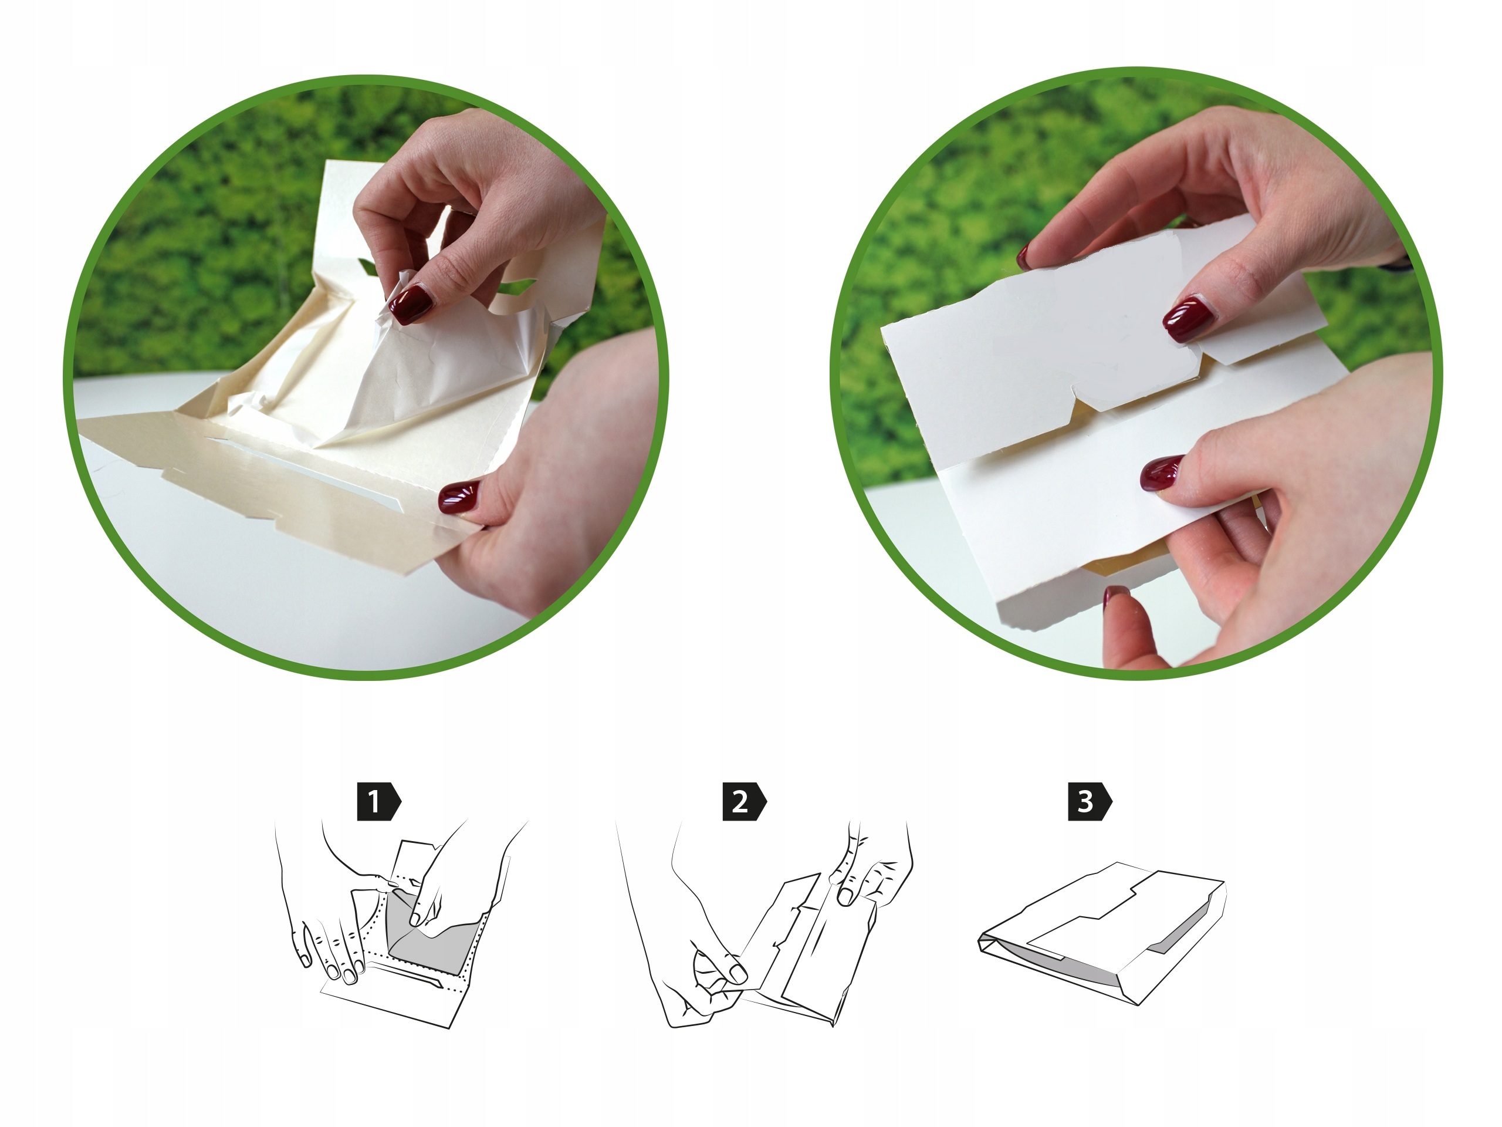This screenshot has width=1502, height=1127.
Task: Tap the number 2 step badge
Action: pyautogui.click(x=743, y=802)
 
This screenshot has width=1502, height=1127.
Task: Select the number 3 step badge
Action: pyautogui.click(x=1088, y=802)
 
